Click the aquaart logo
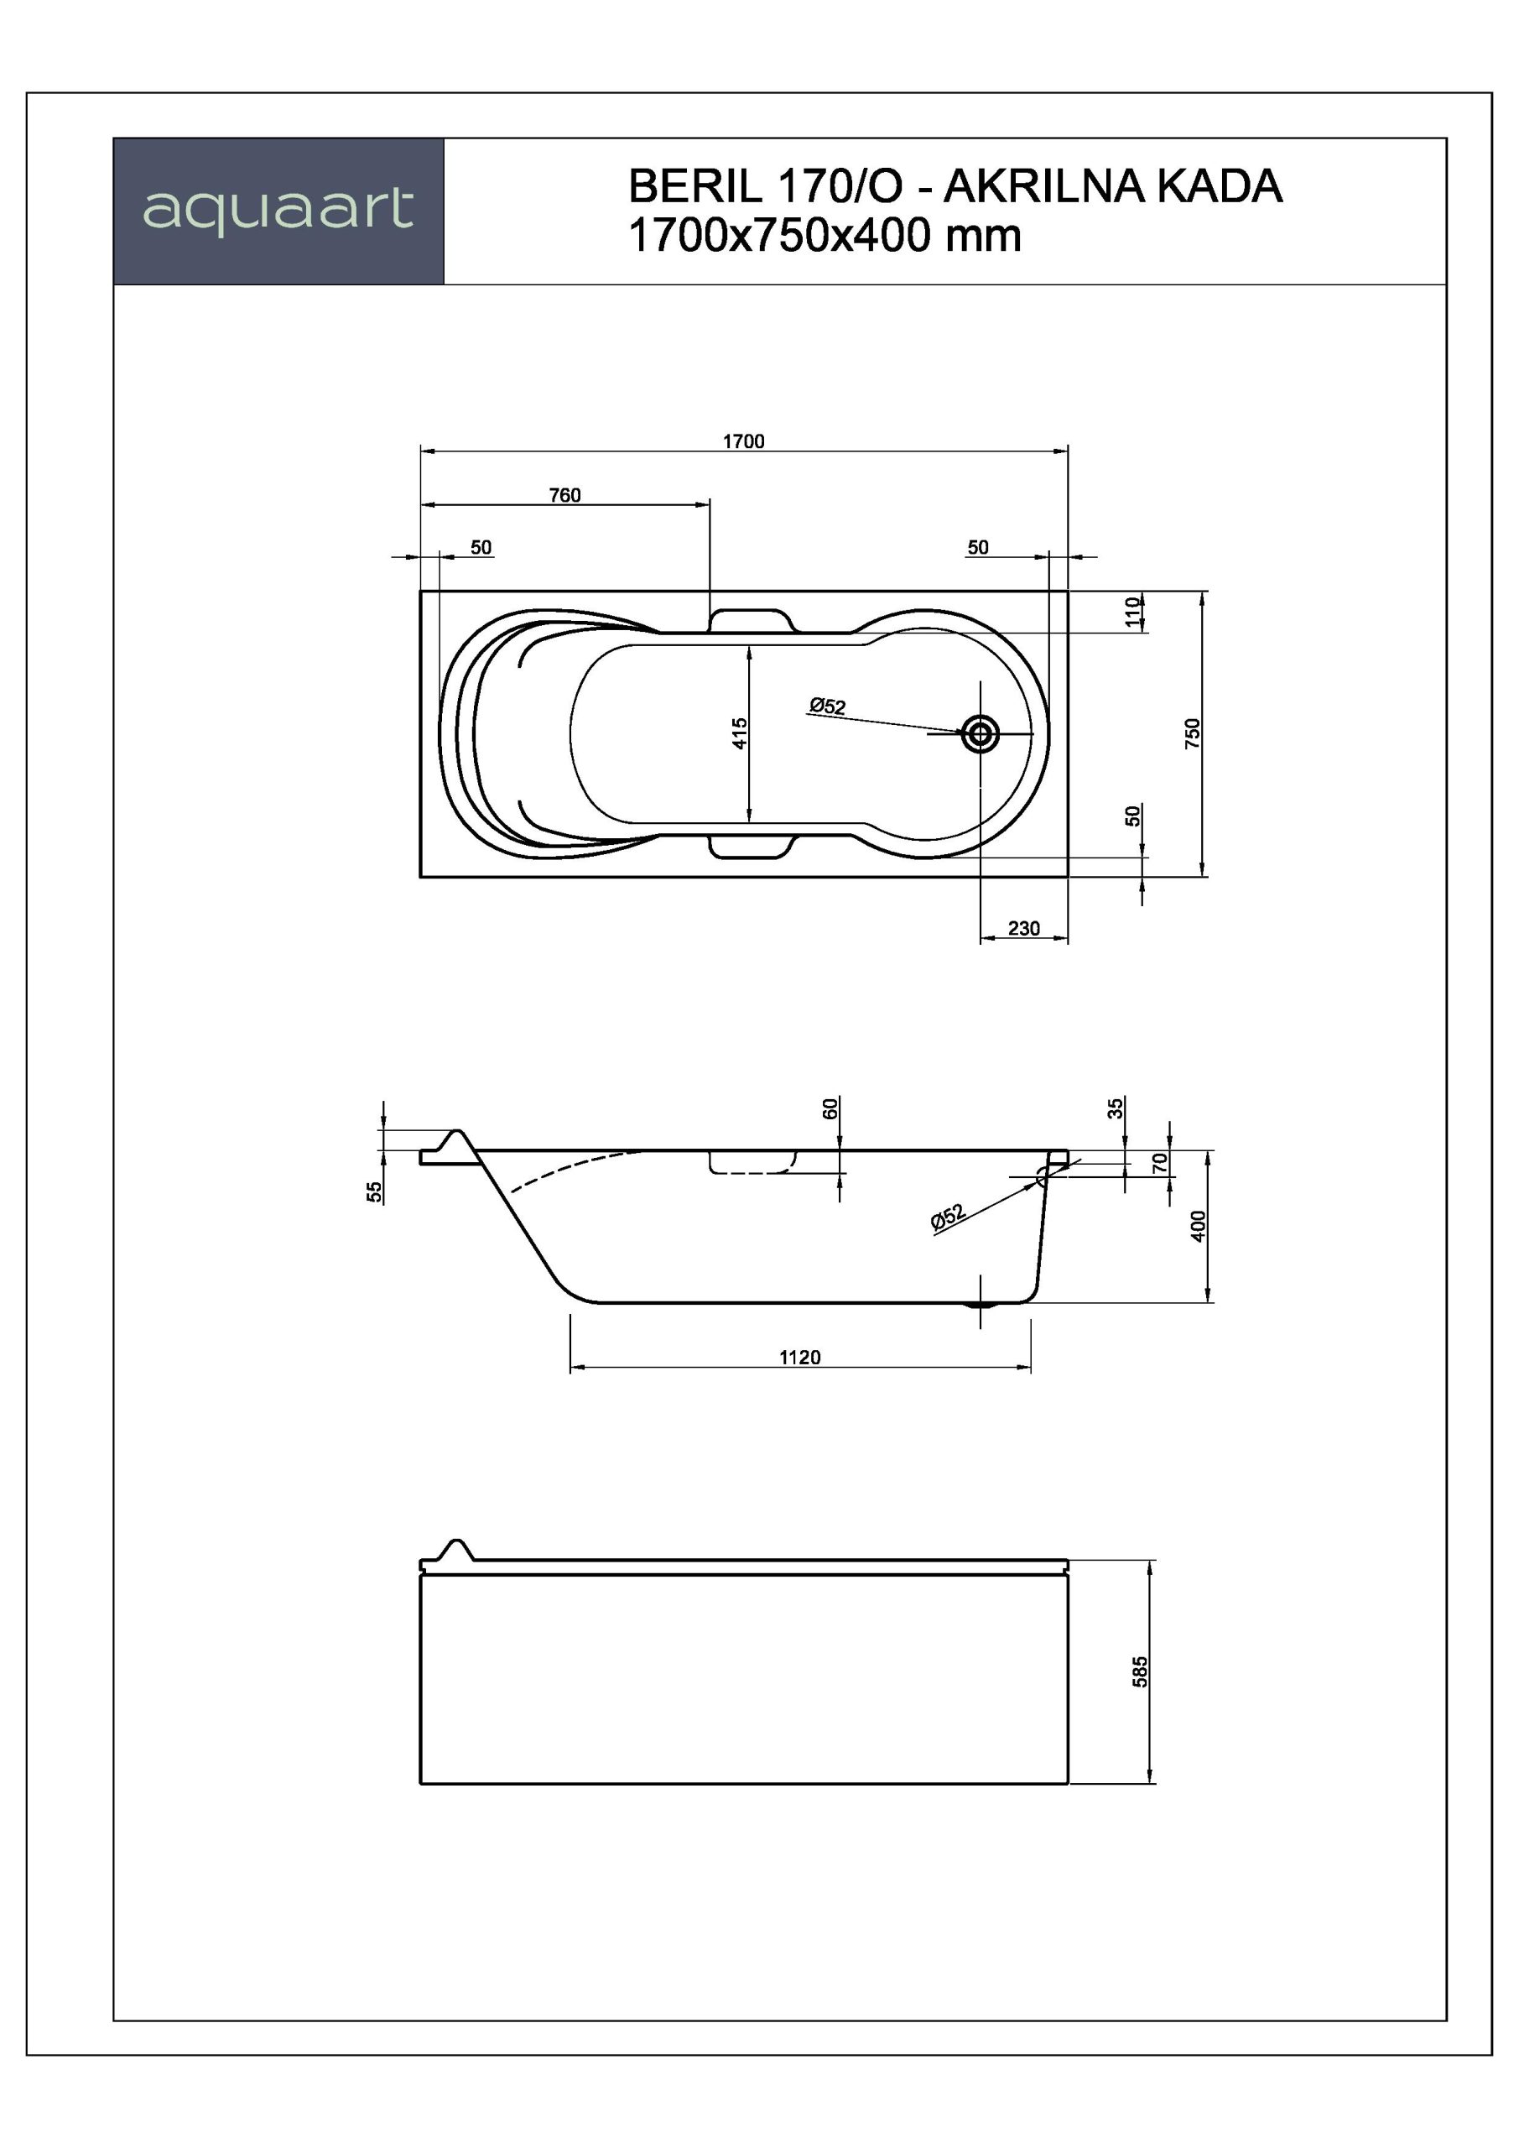point(278,210)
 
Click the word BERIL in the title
point(694,186)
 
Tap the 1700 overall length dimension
point(744,441)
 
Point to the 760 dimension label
point(565,495)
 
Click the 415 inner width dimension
point(740,733)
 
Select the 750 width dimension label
point(1192,733)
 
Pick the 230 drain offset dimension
point(1024,928)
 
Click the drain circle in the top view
point(981,734)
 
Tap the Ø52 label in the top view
point(827,706)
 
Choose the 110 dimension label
point(1134,612)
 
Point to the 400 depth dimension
point(1199,1226)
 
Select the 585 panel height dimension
point(1139,1671)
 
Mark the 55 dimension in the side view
point(374,1191)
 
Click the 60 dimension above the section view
point(830,1108)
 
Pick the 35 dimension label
point(1115,1108)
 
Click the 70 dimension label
point(1160,1163)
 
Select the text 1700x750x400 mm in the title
point(825,235)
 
